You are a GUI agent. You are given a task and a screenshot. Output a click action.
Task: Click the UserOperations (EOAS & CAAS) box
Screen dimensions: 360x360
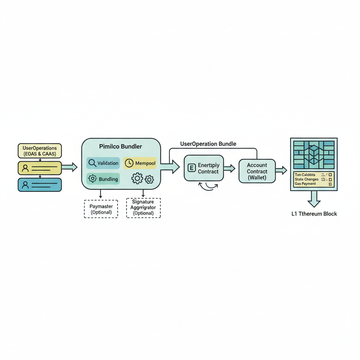tap(40, 150)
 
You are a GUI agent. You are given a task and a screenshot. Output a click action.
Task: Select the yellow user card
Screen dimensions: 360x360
tap(40, 168)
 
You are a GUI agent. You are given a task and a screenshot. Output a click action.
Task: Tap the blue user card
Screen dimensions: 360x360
tap(40, 185)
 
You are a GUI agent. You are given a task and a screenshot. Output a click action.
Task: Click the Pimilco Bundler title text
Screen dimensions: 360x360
tap(121, 146)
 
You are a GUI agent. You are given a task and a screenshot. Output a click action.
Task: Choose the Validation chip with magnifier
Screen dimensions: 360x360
tap(103, 163)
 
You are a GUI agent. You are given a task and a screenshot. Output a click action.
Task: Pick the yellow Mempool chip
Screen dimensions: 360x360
tap(140, 163)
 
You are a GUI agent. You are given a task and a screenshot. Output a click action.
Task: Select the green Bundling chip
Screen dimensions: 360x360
tap(103, 179)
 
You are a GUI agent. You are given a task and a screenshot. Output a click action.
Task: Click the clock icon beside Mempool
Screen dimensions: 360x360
tap(129, 163)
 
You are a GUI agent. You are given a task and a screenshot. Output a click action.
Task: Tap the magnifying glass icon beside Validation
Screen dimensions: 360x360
tap(92, 163)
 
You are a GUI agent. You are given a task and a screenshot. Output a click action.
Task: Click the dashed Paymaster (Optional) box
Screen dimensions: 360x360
tap(101, 209)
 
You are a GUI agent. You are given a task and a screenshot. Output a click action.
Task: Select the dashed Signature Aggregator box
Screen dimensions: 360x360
tap(143, 208)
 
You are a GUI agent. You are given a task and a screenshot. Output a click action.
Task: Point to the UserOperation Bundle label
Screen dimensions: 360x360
tap(208, 144)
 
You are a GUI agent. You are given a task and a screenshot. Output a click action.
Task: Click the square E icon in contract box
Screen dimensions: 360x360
tap(192, 168)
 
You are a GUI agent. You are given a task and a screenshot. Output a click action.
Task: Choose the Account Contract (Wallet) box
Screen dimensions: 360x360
tap(257, 171)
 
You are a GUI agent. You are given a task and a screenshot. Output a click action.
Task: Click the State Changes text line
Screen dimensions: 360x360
tap(307, 179)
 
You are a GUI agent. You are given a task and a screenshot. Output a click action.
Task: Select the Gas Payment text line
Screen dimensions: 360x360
tap(305, 184)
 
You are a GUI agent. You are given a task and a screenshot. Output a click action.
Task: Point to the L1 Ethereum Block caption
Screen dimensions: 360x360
tap(314, 214)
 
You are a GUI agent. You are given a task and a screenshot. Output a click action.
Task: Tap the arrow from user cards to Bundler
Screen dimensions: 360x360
tap(69, 167)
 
